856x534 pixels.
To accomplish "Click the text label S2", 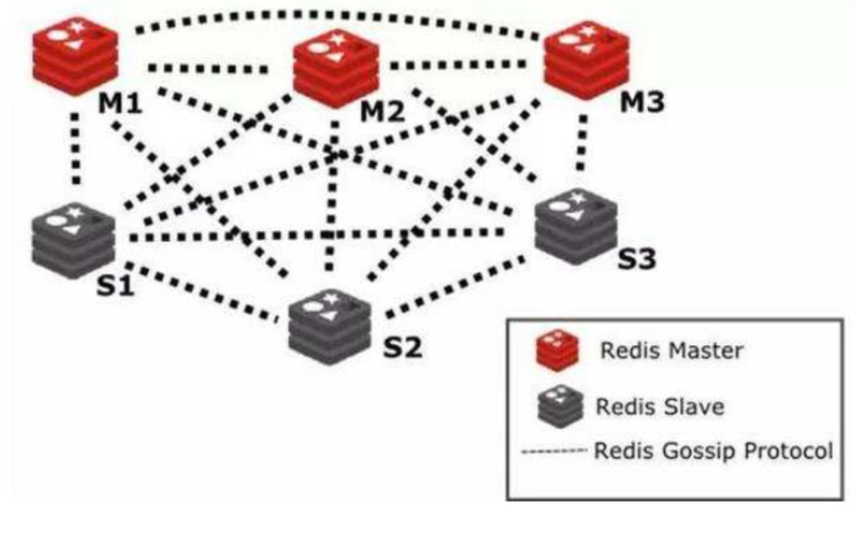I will pos(403,346).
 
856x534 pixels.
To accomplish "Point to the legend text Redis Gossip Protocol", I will pos(713,450).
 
